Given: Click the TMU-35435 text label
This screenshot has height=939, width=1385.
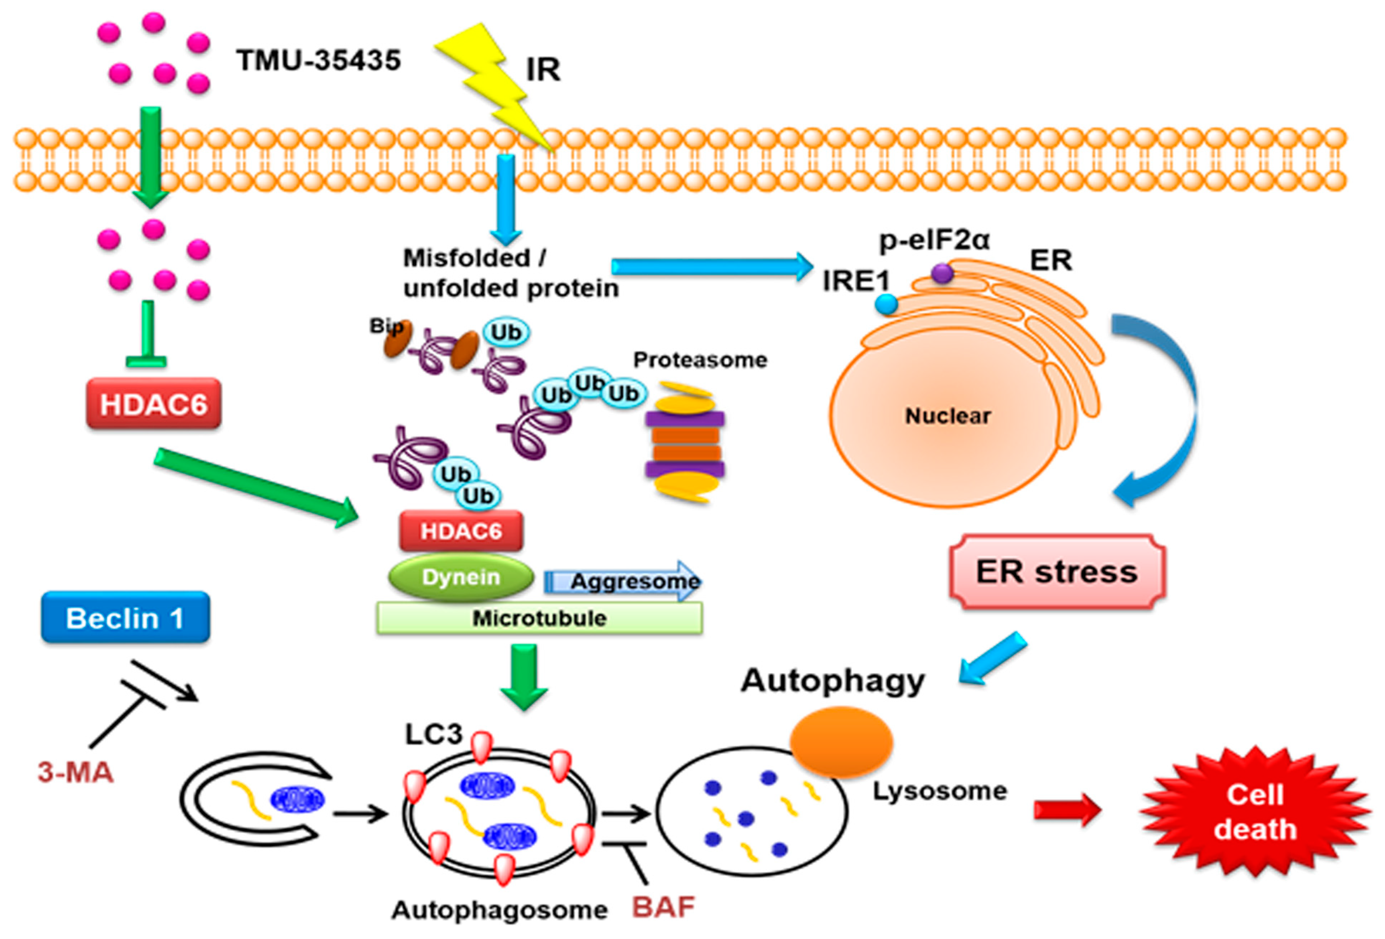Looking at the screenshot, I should [318, 60].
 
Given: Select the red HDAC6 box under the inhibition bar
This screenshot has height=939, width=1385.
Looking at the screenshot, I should [154, 404].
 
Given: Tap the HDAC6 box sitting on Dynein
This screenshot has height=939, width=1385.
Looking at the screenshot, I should [461, 531].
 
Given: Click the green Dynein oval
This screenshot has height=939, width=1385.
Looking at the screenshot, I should [461, 577].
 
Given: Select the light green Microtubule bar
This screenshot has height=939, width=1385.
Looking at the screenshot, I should [539, 618].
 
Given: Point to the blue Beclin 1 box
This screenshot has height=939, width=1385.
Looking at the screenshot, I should [125, 618].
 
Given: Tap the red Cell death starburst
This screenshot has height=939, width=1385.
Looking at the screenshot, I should [1255, 811].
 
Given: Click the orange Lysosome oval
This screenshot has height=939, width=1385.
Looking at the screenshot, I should [841, 742].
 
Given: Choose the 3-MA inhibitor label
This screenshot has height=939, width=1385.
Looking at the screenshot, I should [76, 773].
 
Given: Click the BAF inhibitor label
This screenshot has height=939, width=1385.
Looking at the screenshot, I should [663, 907].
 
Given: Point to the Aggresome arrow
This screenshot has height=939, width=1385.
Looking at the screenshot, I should [623, 581].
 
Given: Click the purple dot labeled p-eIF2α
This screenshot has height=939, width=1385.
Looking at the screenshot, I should [942, 274].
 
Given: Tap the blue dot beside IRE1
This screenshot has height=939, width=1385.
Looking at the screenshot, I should [886, 304].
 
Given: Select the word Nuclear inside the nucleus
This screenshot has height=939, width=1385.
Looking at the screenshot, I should [948, 416].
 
